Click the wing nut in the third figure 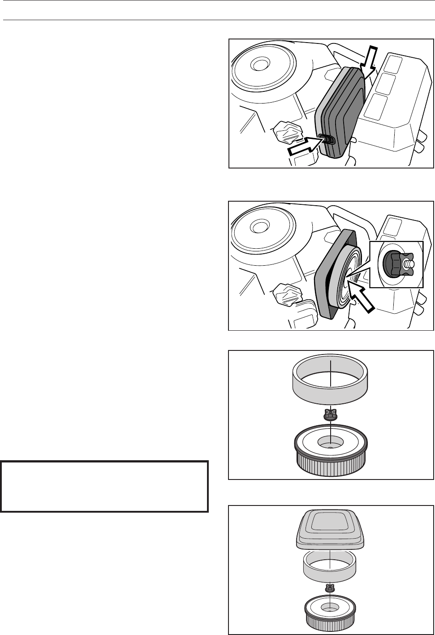[330, 415]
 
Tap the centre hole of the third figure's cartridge [330, 444]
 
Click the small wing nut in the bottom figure [330, 587]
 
